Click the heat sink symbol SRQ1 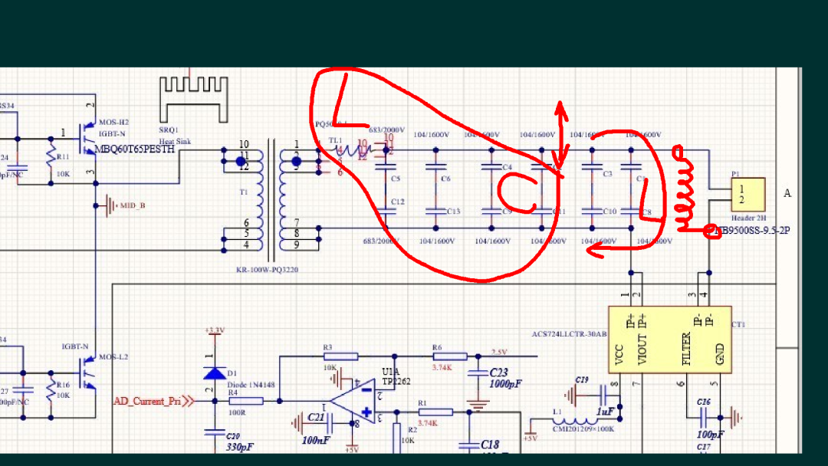pyautogui.click(x=193, y=98)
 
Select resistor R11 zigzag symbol pyautogui.click(x=51, y=159)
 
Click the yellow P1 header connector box pyautogui.click(x=747, y=195)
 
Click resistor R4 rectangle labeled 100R pyautogui.click(x=246, y=401)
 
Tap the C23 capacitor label pyautogui.click(x=499, y=372)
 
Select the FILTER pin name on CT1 pyautogui.click(x=687, y=349)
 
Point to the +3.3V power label pyautogui.click(x=215, y=330)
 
